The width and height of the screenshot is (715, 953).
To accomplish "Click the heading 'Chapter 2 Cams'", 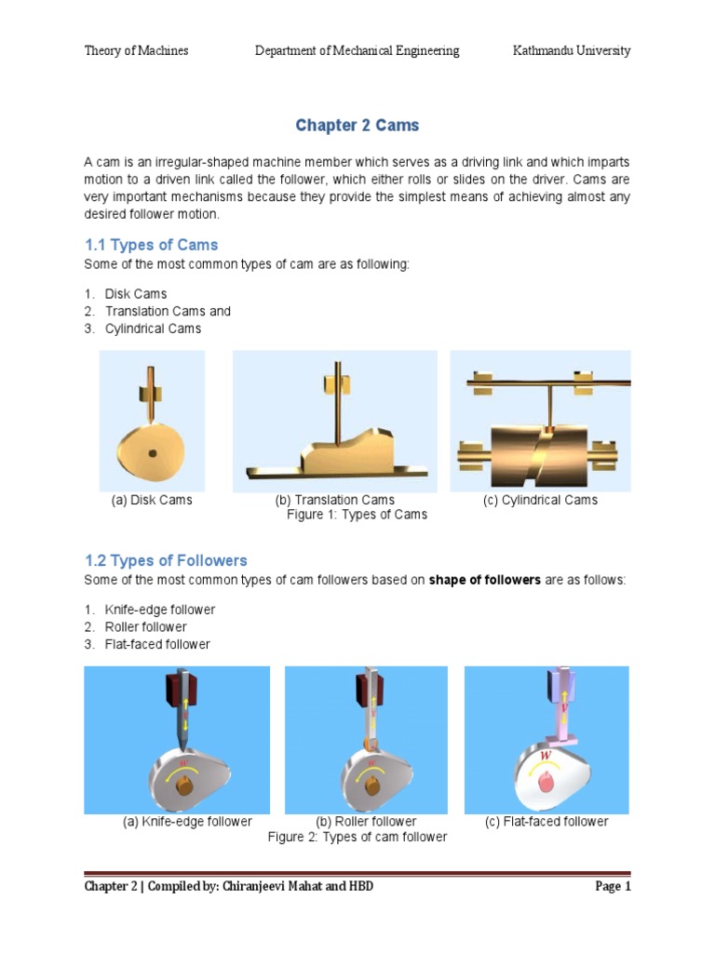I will (357, 125).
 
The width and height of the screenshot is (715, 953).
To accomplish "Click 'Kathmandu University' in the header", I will (572, 50).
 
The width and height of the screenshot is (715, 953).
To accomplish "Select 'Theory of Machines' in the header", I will (137, 50).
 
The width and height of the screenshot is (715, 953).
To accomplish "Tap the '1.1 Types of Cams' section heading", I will (151, 245).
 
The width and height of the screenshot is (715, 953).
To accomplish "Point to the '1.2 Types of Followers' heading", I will (166, 560).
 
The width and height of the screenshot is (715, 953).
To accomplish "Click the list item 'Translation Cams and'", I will (168, 311).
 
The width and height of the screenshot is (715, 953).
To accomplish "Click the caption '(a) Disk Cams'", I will (152, 500).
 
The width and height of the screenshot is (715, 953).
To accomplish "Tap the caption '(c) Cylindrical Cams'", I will (540, 500).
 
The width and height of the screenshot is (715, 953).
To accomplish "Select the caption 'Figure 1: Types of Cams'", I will (357, 515).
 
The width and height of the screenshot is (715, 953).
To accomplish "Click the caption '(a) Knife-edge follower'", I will (188, 822).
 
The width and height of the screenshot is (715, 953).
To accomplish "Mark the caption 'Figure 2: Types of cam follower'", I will (357, 837).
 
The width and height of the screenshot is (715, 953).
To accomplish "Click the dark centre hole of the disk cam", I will (152, 453).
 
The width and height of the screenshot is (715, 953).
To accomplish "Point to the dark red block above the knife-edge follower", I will (178, 689).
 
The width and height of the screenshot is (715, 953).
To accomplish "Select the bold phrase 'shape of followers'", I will (484, 580).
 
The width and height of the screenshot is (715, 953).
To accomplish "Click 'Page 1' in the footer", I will (613, 886).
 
